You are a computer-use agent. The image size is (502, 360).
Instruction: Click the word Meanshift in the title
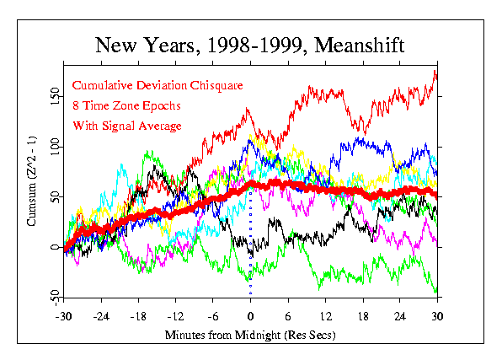point(360,45)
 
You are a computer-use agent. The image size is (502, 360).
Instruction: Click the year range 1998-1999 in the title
point(255,45)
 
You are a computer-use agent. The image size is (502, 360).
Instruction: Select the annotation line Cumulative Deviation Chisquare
point(158,86)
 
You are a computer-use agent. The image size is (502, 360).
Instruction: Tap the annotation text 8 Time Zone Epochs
point(127,105)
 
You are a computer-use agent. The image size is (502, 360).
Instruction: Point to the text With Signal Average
point(127,126)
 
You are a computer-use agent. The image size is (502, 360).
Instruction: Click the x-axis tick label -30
point(63,317)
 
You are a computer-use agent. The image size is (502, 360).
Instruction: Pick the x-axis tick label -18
point(138,317)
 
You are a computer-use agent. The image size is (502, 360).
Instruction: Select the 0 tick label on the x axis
point(250,317)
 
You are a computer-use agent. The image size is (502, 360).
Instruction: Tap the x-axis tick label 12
point(326,317)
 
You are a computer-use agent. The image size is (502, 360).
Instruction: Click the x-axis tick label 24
point(400,317)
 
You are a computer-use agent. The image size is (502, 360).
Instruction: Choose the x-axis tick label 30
point(437,317)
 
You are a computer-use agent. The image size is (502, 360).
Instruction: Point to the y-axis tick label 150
point(55,96)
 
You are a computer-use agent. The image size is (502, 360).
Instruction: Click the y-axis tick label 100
point(55,147)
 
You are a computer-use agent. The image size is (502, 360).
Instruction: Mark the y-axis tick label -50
point(55,298)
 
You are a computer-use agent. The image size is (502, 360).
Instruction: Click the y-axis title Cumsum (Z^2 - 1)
point(31,181)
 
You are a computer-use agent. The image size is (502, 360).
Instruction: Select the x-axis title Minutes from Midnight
point(222,335)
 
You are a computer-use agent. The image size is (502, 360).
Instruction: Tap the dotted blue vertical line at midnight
point(250,242)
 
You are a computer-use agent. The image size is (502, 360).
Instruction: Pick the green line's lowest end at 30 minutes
point(436,291)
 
